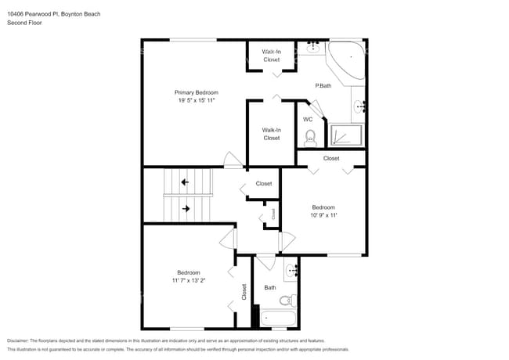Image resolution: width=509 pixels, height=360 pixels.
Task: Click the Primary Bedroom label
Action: pyautogui.click(x=196, y=92)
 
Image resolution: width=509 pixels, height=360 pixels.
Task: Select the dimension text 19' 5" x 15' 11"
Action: pyautogui.click(x=196, y=100)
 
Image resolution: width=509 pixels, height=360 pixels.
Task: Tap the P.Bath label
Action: pyautogui.click(x=323, y=85)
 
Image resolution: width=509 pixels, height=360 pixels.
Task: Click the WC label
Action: pyautogui.click(x=308, y=119)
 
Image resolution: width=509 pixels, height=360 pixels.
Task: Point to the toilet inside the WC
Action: pyautogui.click(x=309, y=138)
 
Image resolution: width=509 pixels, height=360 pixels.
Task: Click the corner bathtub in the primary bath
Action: pyautogui.click(x=345, y=59)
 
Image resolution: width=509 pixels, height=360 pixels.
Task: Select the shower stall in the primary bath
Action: pyautogui.click(x=346, y=135)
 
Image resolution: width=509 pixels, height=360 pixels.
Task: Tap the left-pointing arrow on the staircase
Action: pyautogui.click(x=185, y=182)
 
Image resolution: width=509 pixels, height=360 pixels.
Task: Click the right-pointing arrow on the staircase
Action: pyautogui.click(x=186, y=209)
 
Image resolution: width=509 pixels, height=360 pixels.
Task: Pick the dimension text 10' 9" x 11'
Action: pyautogui.click(x=323, y=215)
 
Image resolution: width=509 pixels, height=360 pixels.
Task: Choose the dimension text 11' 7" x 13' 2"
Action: pyautogui.click(x=188, y=280)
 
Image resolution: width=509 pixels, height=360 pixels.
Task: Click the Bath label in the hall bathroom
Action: pyautogui.click(x=270, y=287)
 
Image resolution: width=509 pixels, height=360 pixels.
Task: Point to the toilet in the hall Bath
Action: pyautogui.click(x=287, y=300)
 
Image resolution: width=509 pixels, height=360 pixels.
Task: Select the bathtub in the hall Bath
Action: pyautogui.click(x=278, y=318)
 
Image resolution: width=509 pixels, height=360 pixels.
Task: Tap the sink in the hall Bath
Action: pyautogui.click(x=292, y=271)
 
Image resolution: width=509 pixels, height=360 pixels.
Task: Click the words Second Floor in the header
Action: pyautogui.click(x=24, y=23)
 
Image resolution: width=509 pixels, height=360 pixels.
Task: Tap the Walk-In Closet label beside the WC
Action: pyautogui.click(x=271, y=134)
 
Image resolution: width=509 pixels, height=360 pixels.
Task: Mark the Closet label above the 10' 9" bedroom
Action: pyautogui.click(x=331, y=158)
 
